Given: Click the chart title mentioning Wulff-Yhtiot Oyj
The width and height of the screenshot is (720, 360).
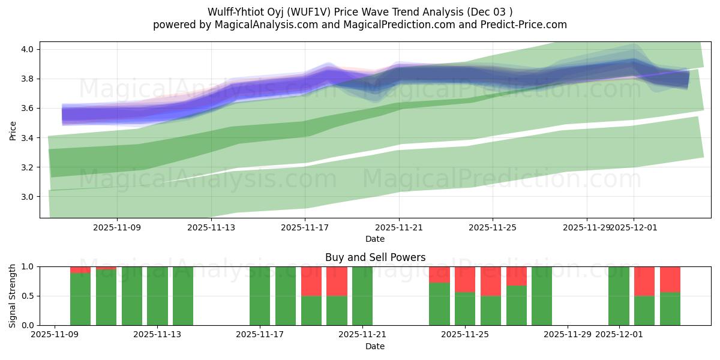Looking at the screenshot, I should [x=360, y=12].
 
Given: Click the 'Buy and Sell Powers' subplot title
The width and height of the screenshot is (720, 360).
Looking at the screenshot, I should [x=375, y=257].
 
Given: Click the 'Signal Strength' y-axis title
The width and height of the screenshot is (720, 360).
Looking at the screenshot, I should [x=13, y=295].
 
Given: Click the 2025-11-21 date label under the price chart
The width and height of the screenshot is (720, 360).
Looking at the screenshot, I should [x=399, y=227].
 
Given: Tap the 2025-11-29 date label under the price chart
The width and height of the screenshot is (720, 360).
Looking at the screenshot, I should [x=586, y=227].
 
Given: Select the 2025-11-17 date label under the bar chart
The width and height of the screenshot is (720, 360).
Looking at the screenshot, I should [x=260, y=334].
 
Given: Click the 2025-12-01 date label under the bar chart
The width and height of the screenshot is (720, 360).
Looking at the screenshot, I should [x=619, y=334].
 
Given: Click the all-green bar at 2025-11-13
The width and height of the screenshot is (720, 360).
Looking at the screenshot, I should [x=157, y=296].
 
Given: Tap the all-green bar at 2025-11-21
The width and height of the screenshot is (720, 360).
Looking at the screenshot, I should [x=362, y=296].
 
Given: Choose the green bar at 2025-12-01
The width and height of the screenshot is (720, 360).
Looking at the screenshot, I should [x=619, y=296].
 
